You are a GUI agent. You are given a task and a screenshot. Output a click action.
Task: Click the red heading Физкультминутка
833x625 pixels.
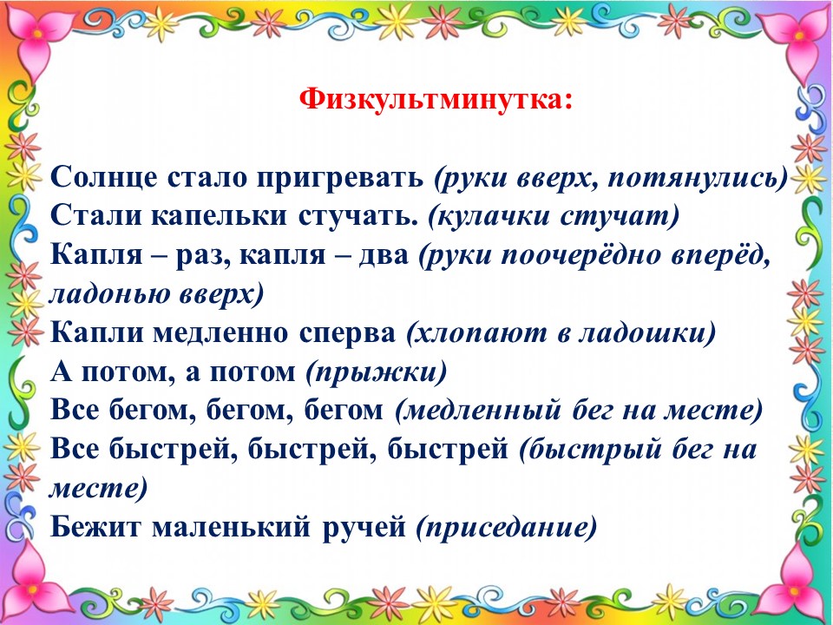coord(436,100)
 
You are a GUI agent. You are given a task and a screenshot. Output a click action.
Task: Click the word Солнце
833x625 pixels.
coord(104,176)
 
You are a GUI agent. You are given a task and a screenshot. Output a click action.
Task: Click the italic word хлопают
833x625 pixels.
coord(478,333)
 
